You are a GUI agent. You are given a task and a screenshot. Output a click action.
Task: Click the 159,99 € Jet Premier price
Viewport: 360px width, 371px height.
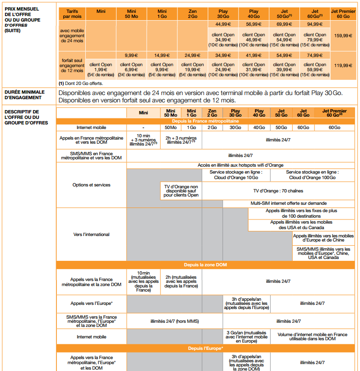[343, 35]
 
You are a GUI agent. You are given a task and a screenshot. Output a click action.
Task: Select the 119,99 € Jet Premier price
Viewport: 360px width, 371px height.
[343, 65]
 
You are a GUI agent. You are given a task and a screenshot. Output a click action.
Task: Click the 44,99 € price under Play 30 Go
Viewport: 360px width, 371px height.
[223, 24]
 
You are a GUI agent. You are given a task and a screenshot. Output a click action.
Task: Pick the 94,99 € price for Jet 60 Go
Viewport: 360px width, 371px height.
[315, 24]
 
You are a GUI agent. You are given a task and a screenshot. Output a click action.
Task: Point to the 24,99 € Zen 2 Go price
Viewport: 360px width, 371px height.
[193, 55]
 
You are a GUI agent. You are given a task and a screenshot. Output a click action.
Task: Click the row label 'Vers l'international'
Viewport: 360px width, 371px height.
[91, 235]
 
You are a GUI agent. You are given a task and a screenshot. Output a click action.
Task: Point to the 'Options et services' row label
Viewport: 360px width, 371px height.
[91, 185]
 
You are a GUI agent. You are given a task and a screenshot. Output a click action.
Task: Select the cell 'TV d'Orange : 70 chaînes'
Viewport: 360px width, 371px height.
[278, 189]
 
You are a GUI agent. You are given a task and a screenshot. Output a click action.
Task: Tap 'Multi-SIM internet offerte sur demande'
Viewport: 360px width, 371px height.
[288, 203]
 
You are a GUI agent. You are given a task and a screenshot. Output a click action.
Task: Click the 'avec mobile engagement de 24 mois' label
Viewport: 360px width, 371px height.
[72, 35]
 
